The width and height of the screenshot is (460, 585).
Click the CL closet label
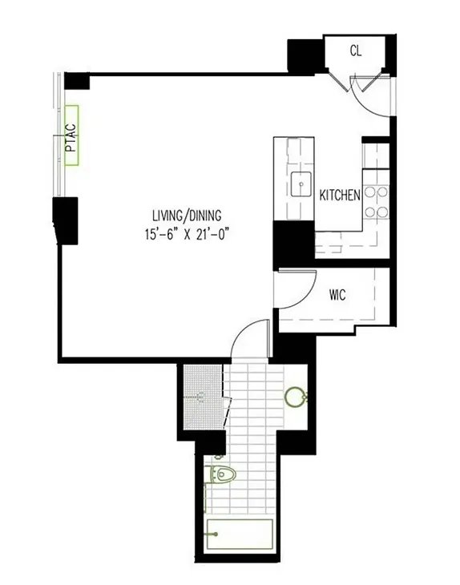click(x=357, y=50)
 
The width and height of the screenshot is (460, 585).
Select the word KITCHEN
click(x=340, y=196)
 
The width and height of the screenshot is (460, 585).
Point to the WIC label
click(x=337, y=294)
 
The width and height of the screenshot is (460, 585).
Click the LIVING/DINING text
click(x=187, y=215)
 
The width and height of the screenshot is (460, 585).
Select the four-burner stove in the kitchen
click(x=377, y=202)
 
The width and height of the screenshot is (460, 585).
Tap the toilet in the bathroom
click(x=224, y=476)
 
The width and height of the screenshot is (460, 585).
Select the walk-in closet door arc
click(x=298, y=286)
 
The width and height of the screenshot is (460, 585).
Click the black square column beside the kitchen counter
click(x=293, y=243)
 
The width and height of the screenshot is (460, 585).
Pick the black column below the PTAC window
click(x=67, y=220)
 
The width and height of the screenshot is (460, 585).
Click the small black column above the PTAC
click(x=77, y=81)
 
